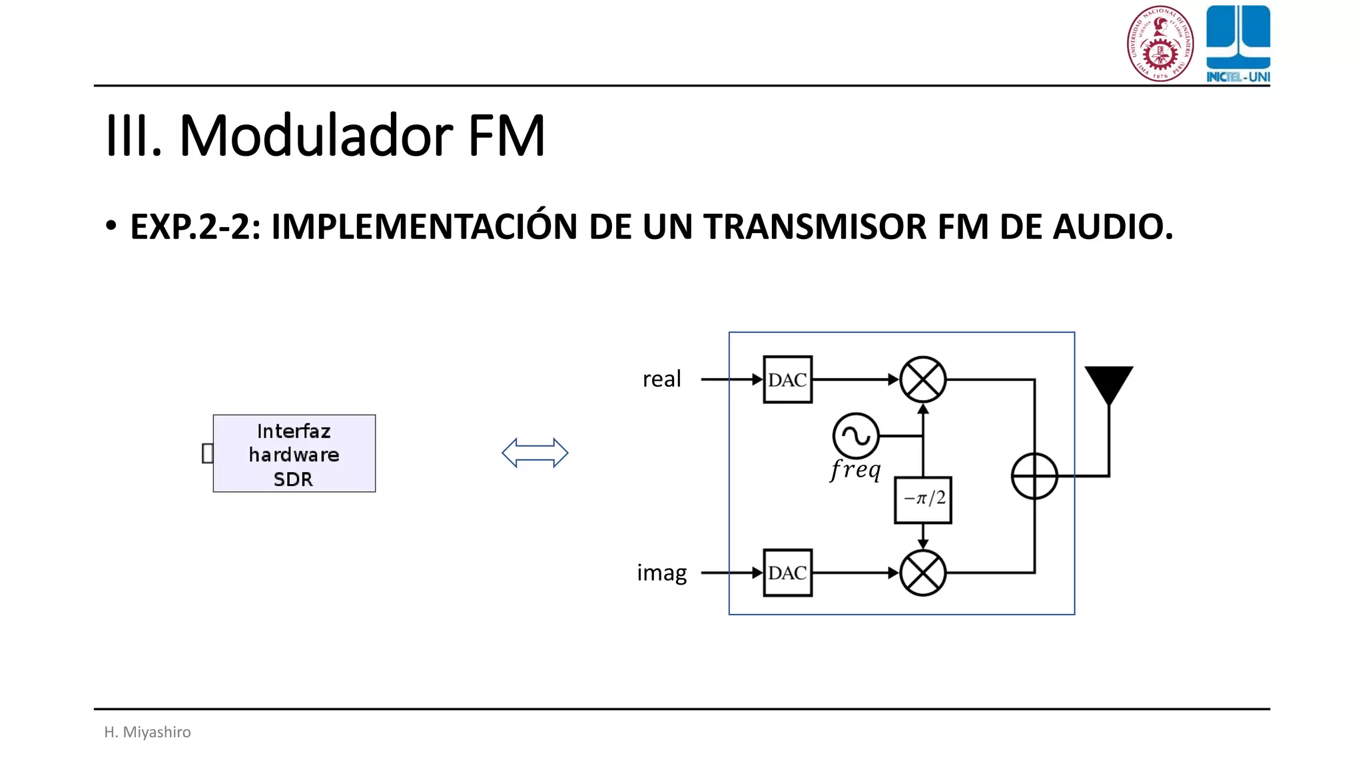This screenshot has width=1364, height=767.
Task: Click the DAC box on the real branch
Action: (787, 380)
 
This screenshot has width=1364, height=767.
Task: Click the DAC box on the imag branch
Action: (787, 573)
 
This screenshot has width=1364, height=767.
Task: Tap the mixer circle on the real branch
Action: (922, 380)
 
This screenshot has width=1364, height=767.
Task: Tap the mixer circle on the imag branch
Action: (922, 573)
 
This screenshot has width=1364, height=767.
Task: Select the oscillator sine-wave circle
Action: (856, 436)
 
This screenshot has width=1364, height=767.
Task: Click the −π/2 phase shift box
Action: (922, 499)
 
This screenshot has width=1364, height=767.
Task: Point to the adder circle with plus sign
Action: (1034, 476)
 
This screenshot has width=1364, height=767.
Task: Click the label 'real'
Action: (661, 379)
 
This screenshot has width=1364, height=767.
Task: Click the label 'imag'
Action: (661, 573)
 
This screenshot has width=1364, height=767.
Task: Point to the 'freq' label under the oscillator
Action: (856, 469)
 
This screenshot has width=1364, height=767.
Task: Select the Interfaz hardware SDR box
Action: (294, 453)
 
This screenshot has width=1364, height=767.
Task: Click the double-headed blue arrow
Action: (535, 453)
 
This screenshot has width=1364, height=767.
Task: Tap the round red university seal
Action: (1160, 43)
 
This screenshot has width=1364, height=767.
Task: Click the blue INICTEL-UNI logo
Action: (1238, 43)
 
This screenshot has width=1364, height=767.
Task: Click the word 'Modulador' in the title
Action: (316, 136)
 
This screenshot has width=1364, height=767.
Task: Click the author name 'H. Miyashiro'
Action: (147, 732)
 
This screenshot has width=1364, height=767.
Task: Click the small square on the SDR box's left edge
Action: (207, 453)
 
